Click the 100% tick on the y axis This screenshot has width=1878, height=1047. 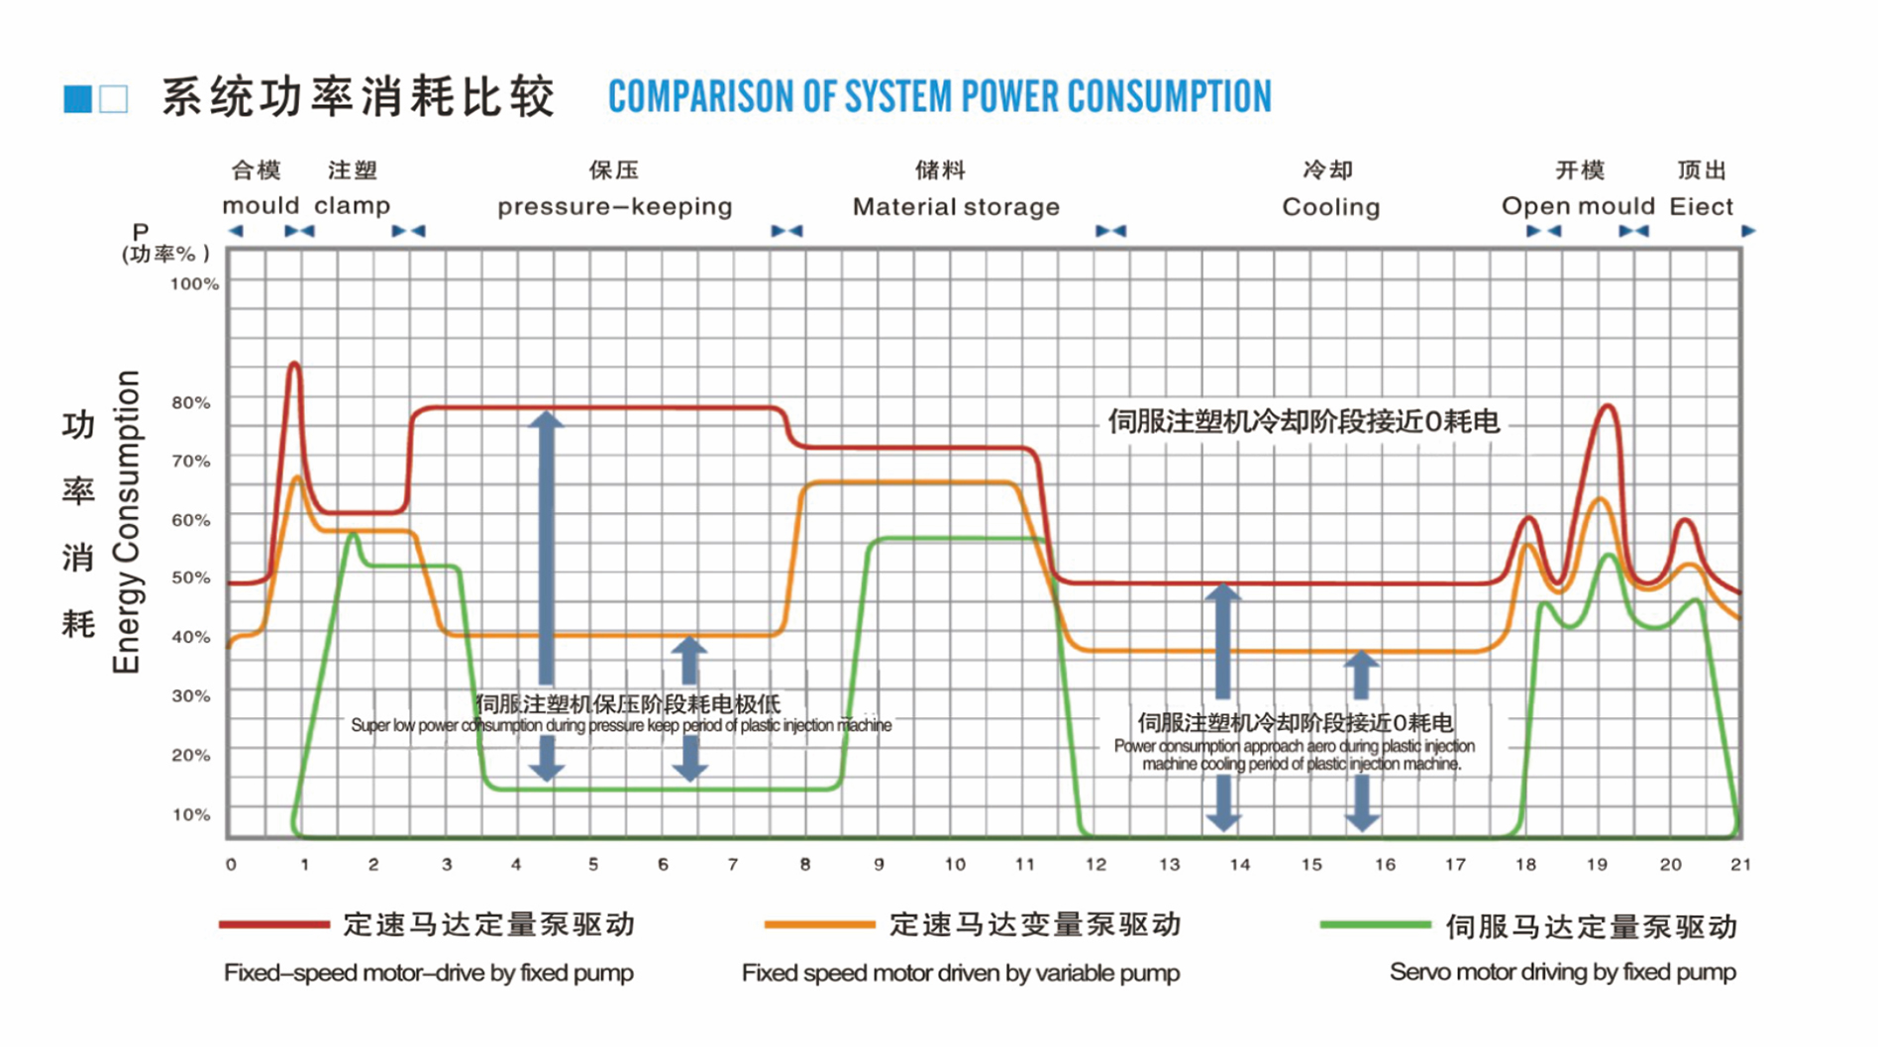point(194,284)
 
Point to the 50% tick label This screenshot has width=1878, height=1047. point(191,577)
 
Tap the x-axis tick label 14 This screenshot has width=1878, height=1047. point(1239,865)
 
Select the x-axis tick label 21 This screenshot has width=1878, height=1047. point(1740,865)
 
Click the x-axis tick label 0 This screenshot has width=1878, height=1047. point(231,865)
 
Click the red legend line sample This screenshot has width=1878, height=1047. point(274,924)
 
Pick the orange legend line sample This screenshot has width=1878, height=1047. point(819,924)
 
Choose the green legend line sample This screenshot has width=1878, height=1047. point(1375,925)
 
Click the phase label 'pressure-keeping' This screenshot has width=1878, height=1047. point(614,207)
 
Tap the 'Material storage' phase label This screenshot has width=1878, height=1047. point(956,207)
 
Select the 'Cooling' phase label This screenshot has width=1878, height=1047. point(1330,207)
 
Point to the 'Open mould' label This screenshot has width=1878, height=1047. point(1578,206)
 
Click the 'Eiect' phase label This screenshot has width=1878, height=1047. point(1701,207)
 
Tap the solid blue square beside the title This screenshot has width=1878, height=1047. point(77,99)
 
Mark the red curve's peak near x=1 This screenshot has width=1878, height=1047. point(293,365)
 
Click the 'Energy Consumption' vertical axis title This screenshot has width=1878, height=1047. point(127,522)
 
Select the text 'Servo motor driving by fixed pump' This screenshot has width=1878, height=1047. point(1562,972)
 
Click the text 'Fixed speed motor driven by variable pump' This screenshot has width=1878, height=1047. point(960,973)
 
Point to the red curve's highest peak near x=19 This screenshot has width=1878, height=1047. point(1607,406)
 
